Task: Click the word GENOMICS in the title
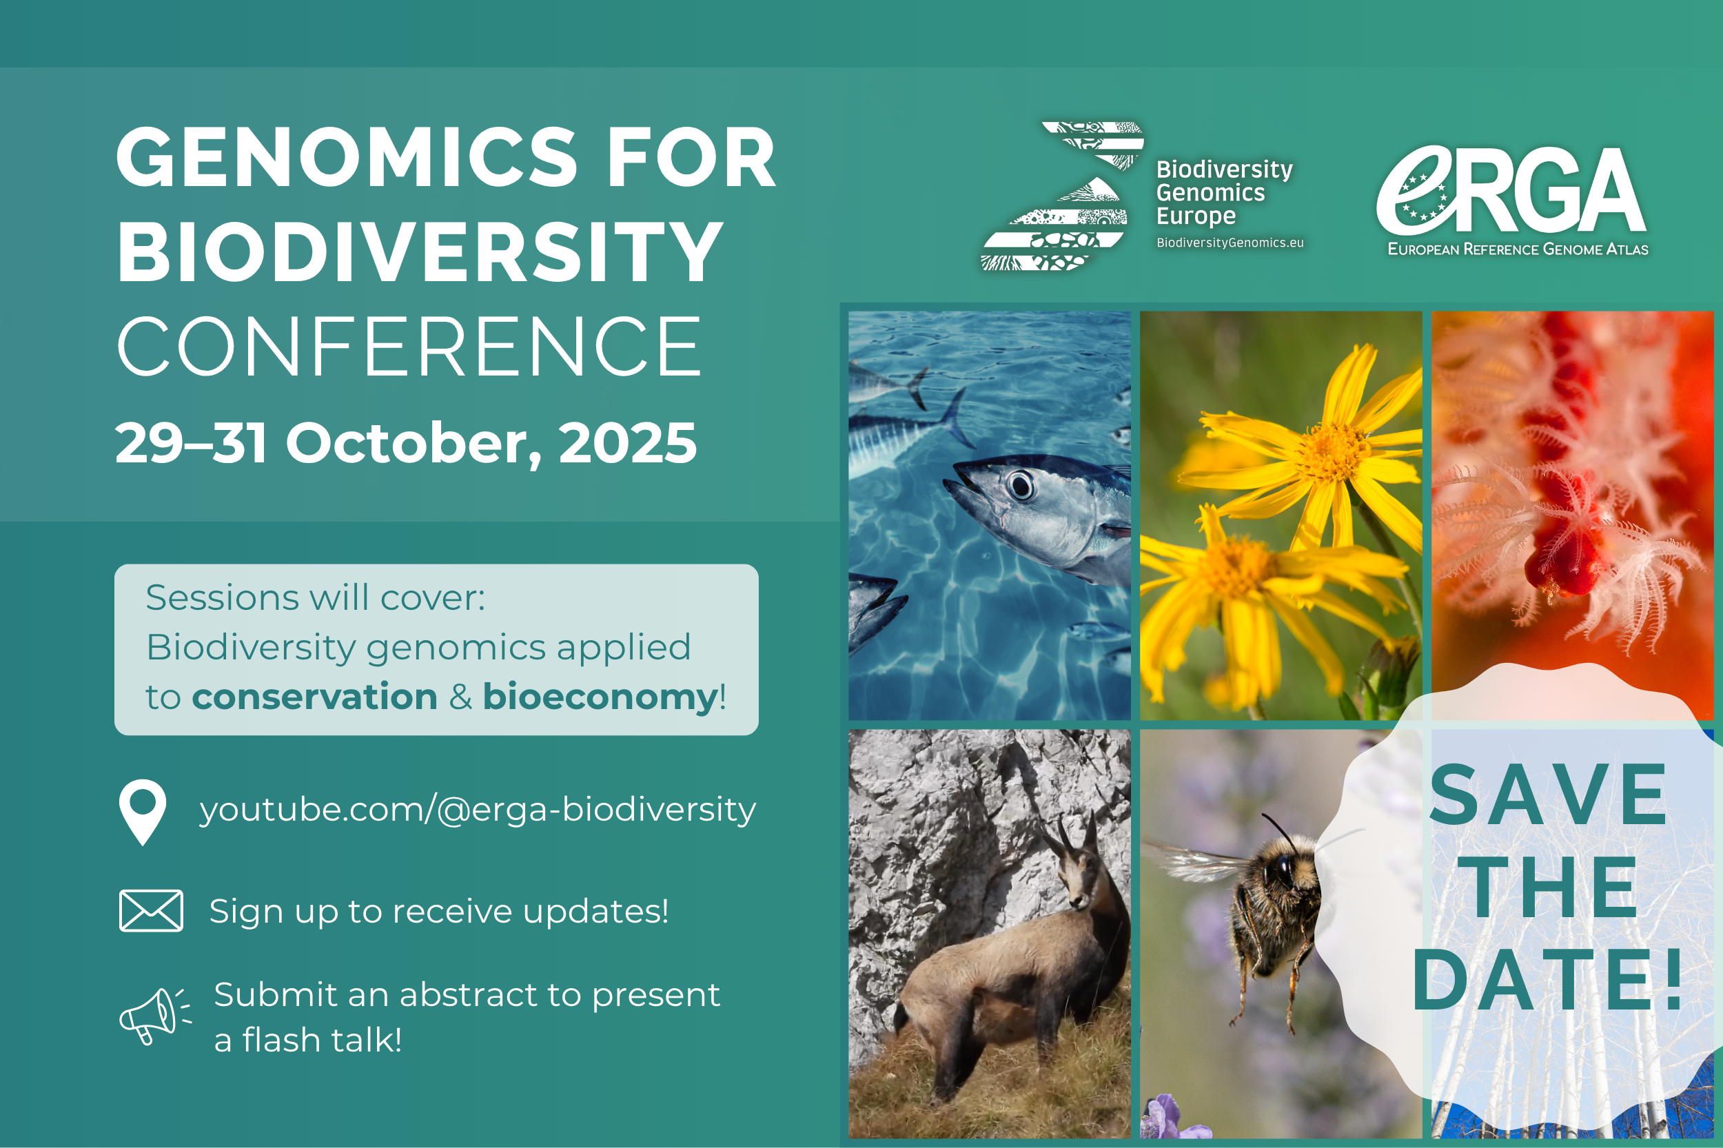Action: coord(347,157)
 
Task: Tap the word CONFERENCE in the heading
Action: coord(409,347)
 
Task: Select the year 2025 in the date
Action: coord(628,443)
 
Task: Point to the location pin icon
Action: coord(142,812)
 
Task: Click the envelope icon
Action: coord(151,911)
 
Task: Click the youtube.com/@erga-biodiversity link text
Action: coord(478,810)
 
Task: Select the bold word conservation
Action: coord(314,696)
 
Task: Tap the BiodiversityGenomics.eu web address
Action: coord(1230,243)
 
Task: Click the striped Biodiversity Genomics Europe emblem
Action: coord(1061,196)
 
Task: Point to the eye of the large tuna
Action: coord(1020,484)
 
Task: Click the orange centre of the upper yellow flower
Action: coord(1332,452)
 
